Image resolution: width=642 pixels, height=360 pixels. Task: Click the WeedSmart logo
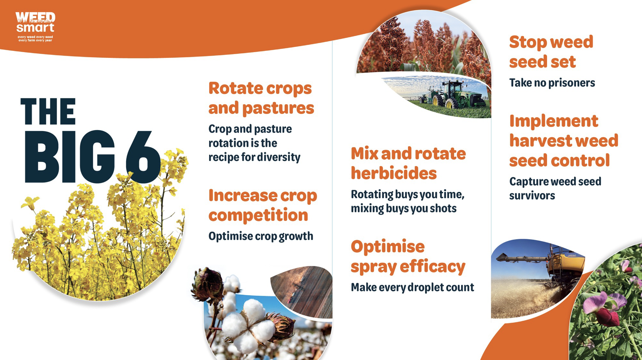click(35, 27)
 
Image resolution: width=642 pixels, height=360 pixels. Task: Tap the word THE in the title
click(48, 111)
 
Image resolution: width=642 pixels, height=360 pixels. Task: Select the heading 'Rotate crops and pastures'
click(261, 98)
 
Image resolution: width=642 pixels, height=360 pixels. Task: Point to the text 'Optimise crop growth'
click(261, 236)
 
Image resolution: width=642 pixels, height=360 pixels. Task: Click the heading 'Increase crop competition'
click(263, 205)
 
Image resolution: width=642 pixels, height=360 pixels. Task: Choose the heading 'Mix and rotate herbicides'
click(408, 163)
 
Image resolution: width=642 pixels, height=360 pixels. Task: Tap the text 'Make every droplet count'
click(412, 288)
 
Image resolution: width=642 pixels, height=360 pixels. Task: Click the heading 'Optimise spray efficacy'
click(408, 257)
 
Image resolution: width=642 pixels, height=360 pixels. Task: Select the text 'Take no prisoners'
click(552, 83)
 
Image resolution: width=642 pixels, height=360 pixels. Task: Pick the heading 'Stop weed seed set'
click(551, 52)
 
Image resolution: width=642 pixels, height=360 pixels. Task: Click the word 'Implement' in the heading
click(554, 121)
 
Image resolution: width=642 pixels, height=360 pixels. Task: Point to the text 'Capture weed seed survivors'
click(555, 189)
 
